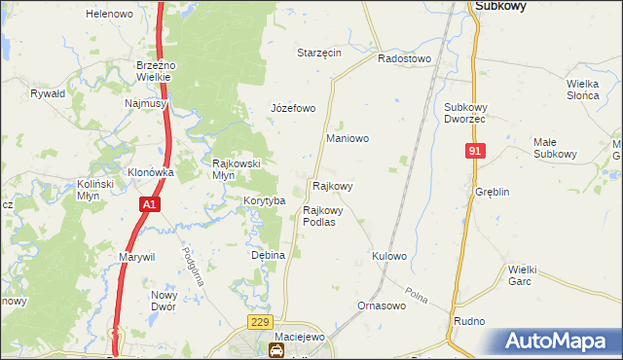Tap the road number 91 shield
click(475, 151)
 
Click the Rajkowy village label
click(332, 185)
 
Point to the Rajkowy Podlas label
click(319, 215)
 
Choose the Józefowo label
click(292, 108)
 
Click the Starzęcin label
click(319, 53)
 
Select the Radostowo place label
click(404, 58)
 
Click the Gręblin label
click(493, 192)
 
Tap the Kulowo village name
click(388, 256)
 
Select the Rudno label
click(469, 320)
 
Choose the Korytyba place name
click(263, 200)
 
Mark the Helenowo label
click(109, 15)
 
